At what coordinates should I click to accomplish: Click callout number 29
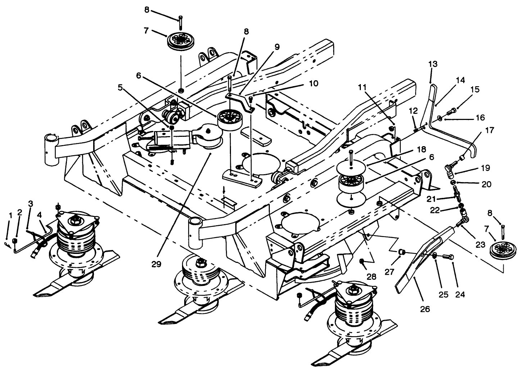156,264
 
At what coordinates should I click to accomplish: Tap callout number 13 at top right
433,65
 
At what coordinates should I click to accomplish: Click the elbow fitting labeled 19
450,168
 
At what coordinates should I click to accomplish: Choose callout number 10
313,83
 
